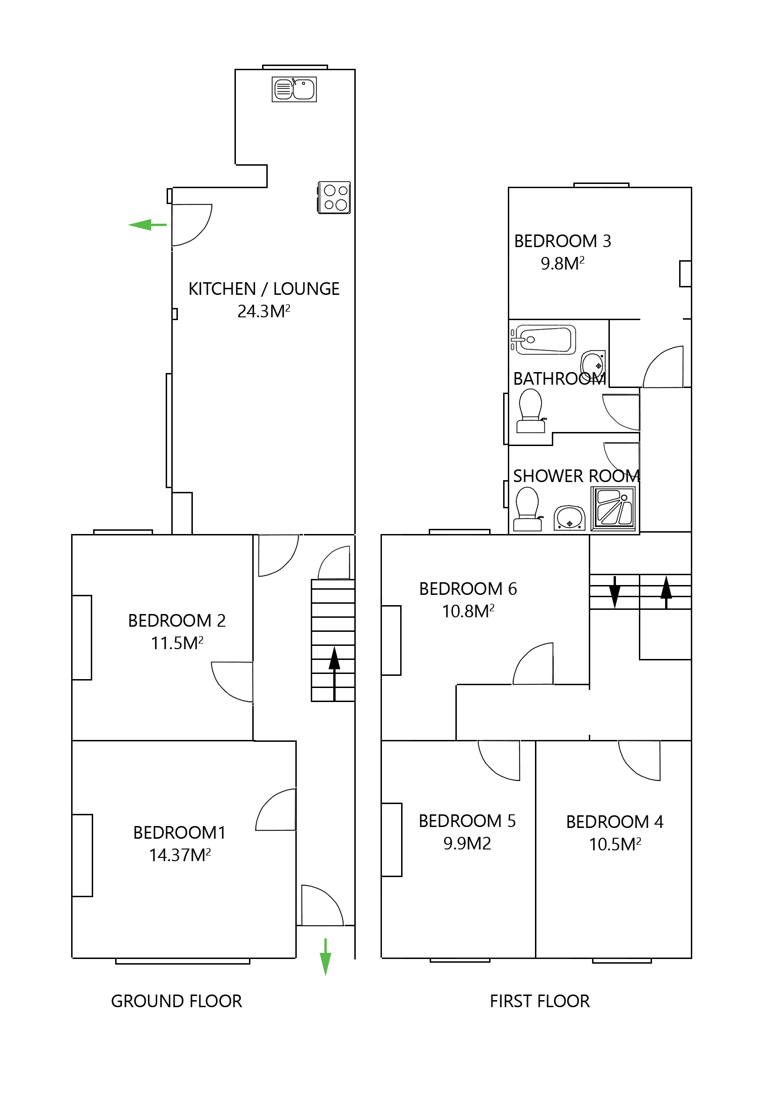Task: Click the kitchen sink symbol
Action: click(294, 89)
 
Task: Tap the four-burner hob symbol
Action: click(334, 198)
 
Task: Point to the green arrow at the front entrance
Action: click(325, 958)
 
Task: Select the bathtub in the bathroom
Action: click(544, 339)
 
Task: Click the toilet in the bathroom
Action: click(530, 410)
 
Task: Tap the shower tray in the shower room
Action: click(613, 508)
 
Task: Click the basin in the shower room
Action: click(569, 518)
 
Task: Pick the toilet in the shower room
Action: click(527, 509)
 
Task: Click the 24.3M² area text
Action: click(264, 311)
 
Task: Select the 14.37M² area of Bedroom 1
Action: click(180, 855)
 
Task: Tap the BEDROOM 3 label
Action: click(562, 241)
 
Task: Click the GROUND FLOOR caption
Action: click(176, 1001)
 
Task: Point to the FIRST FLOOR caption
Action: click(540, 1001)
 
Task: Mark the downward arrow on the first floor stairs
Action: click(615, 592)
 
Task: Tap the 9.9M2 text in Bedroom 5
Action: click(467, 844)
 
